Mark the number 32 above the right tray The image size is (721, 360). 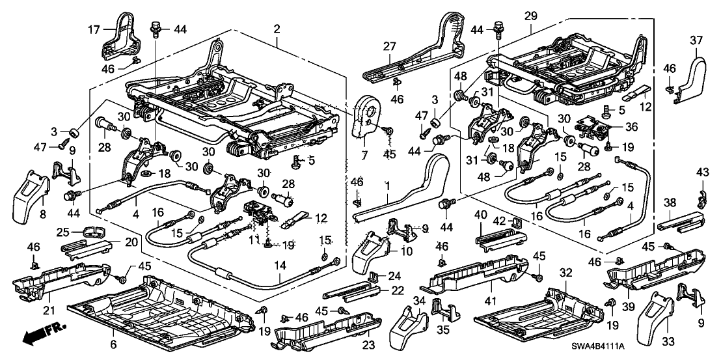tap(566, 273)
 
